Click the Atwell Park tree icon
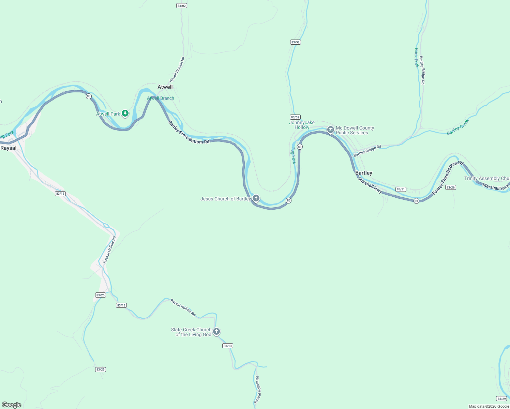click(125, 113)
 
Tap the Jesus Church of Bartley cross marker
click(256, 198)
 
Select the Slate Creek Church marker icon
click(216, 331)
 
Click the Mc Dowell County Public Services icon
click(330, 130)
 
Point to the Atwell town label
click(165, 87)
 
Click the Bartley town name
click(364, 173)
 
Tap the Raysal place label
click(9, 148)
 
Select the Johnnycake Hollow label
click(302, 125)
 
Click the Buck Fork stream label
click(416, 58)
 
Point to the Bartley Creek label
click(458, 127)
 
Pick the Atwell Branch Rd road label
click(177, 70)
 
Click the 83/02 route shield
click(182, 6)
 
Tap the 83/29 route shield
click(501, 398)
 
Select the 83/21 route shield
click(401, 189)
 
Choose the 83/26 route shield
click(450, 187)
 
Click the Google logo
click(12, 405)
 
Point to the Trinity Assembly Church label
click(487, 178)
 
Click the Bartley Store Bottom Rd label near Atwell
click(189, 133)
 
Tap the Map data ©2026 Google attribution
click(489, 406)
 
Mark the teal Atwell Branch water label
click(161, 98)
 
